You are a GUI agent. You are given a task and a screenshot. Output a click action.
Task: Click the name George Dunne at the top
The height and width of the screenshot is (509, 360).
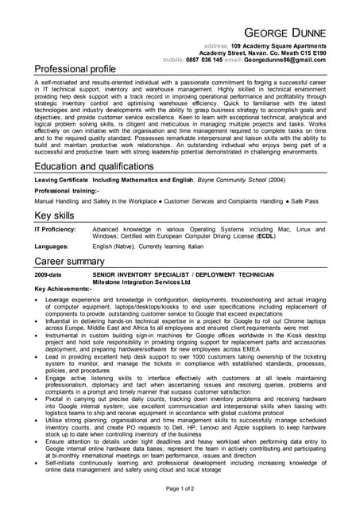(x=283, y=33)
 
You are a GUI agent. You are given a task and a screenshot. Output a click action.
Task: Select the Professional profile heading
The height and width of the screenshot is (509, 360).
(x=75, y=70)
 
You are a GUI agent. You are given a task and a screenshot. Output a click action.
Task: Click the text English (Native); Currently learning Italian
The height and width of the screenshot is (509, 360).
(x=149, y=247)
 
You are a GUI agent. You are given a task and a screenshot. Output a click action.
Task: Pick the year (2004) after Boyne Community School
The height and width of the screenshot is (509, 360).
(x=276, y=181)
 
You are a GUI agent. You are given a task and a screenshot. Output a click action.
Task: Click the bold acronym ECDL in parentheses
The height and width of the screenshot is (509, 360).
(x=267, y=236)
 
